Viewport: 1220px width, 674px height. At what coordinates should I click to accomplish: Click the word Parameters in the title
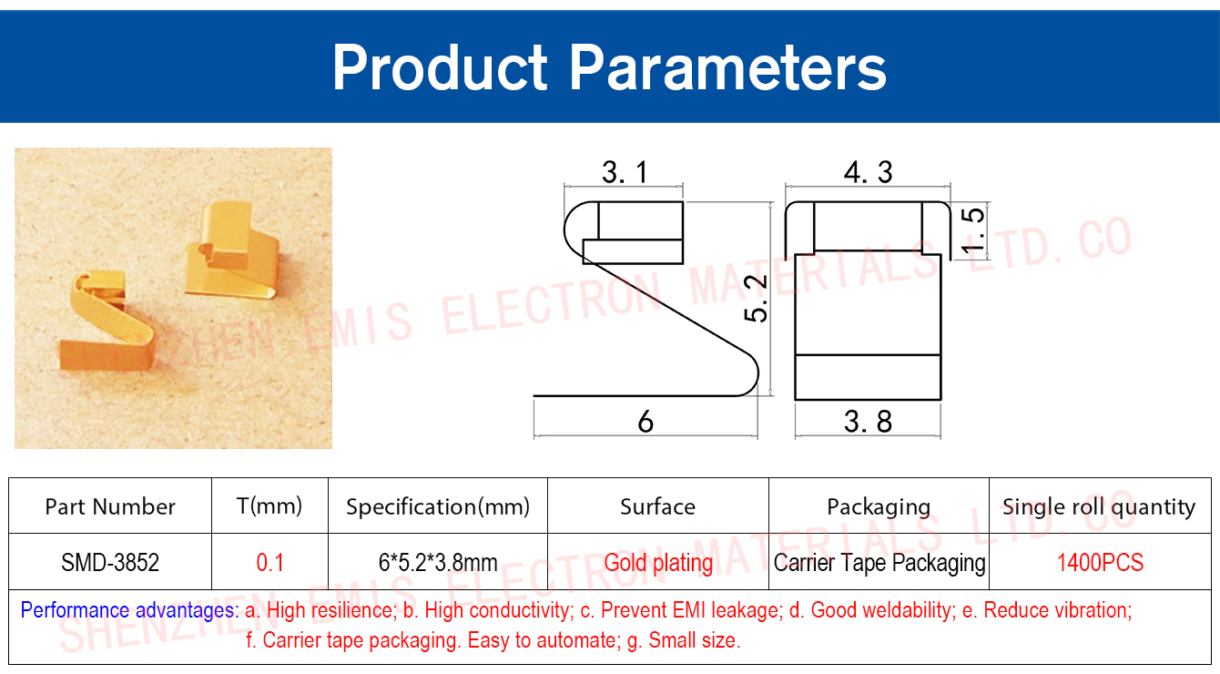tap(727, 68)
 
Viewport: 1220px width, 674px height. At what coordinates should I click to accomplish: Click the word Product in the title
tap(440, 67)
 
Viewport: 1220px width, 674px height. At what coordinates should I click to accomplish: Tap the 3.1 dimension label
tap(625, 172)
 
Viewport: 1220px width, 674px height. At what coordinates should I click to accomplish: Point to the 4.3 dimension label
tap(869, 172)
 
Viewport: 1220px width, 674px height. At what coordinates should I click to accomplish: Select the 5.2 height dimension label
tap(756, 299)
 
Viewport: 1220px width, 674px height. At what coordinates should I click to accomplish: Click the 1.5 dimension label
tap(972, 230)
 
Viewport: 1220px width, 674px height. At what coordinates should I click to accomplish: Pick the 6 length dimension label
tap(646, 421)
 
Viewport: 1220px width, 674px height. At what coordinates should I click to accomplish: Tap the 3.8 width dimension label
tap(869, 421)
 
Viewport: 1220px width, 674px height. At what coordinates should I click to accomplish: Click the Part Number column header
tap(110, 506)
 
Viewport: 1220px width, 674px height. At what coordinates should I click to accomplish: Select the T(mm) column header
tap(269, 506)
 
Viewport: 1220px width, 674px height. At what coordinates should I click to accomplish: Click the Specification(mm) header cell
tap(438, 506)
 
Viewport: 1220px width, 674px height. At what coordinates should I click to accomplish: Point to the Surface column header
tap(658, 506)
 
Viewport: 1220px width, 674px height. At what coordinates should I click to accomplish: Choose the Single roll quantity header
tap(1099, 507)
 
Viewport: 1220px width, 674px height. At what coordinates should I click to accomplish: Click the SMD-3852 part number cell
tap(110, 562)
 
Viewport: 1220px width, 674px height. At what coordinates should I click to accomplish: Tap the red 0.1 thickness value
tap(270, 562)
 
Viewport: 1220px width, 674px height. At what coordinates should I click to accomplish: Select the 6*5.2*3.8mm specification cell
tap(438, 562)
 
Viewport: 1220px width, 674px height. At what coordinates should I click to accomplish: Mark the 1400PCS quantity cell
tap(1100, 562)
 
